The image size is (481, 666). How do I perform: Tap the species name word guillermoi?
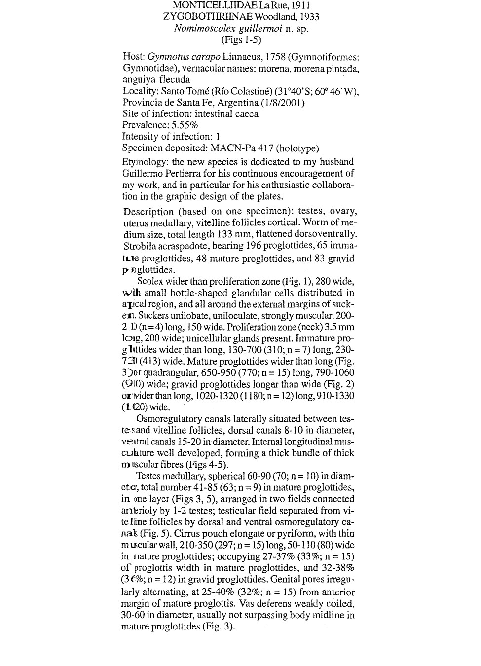[x=256, y=28]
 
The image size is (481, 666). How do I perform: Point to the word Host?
[x=134, y=57]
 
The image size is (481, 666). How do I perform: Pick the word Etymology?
[x=146, y=162]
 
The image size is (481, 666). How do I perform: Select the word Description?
[x=148, y=212]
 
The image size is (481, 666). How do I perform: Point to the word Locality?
[x=140, y=91]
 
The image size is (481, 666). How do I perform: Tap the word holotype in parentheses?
[x=297, y=148]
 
